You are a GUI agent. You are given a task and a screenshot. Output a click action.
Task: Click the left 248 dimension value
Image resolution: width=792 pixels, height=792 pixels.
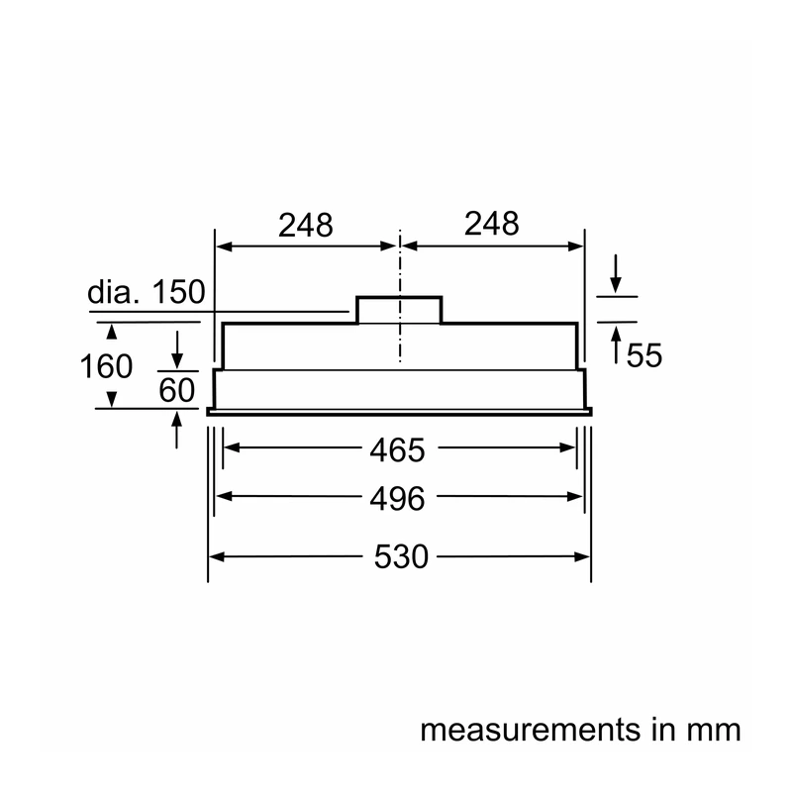(x=306, y=226)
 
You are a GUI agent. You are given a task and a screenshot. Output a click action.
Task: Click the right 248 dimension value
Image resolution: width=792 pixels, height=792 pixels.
(x=491, y=224)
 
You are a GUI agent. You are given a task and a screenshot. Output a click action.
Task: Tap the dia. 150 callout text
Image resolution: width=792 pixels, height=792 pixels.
(x=147, y=291)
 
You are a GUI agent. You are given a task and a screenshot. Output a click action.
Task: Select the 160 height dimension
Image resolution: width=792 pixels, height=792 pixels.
(x=106, y=365)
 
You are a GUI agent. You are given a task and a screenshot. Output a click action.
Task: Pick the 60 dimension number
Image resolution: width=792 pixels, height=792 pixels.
(x=177, y=390)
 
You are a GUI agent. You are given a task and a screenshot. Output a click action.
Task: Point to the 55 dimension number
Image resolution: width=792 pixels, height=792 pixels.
(x=644, y=355)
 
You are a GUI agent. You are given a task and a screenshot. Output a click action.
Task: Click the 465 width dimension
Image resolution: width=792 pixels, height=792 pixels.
(x=398, y=449)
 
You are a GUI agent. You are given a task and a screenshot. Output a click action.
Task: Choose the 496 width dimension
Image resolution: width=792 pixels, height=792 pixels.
(x=398, y=499)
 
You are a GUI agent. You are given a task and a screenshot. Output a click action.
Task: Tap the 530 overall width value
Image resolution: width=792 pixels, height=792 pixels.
(x=401, y=556)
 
